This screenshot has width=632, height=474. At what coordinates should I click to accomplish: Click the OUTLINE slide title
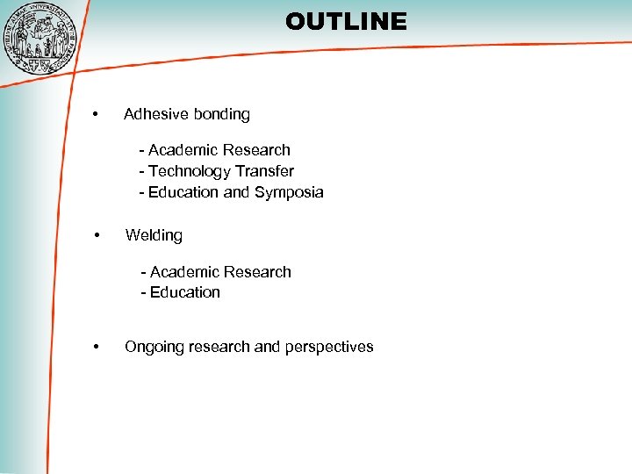(346, 21)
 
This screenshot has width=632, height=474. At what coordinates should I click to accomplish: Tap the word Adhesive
(153, 114)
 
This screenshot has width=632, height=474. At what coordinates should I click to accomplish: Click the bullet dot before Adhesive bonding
(96, 114)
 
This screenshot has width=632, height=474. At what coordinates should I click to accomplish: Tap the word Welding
(154, 235)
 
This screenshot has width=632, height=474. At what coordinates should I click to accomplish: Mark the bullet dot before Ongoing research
(96, 347)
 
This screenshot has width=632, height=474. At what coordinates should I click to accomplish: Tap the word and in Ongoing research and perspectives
(267, 347)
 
